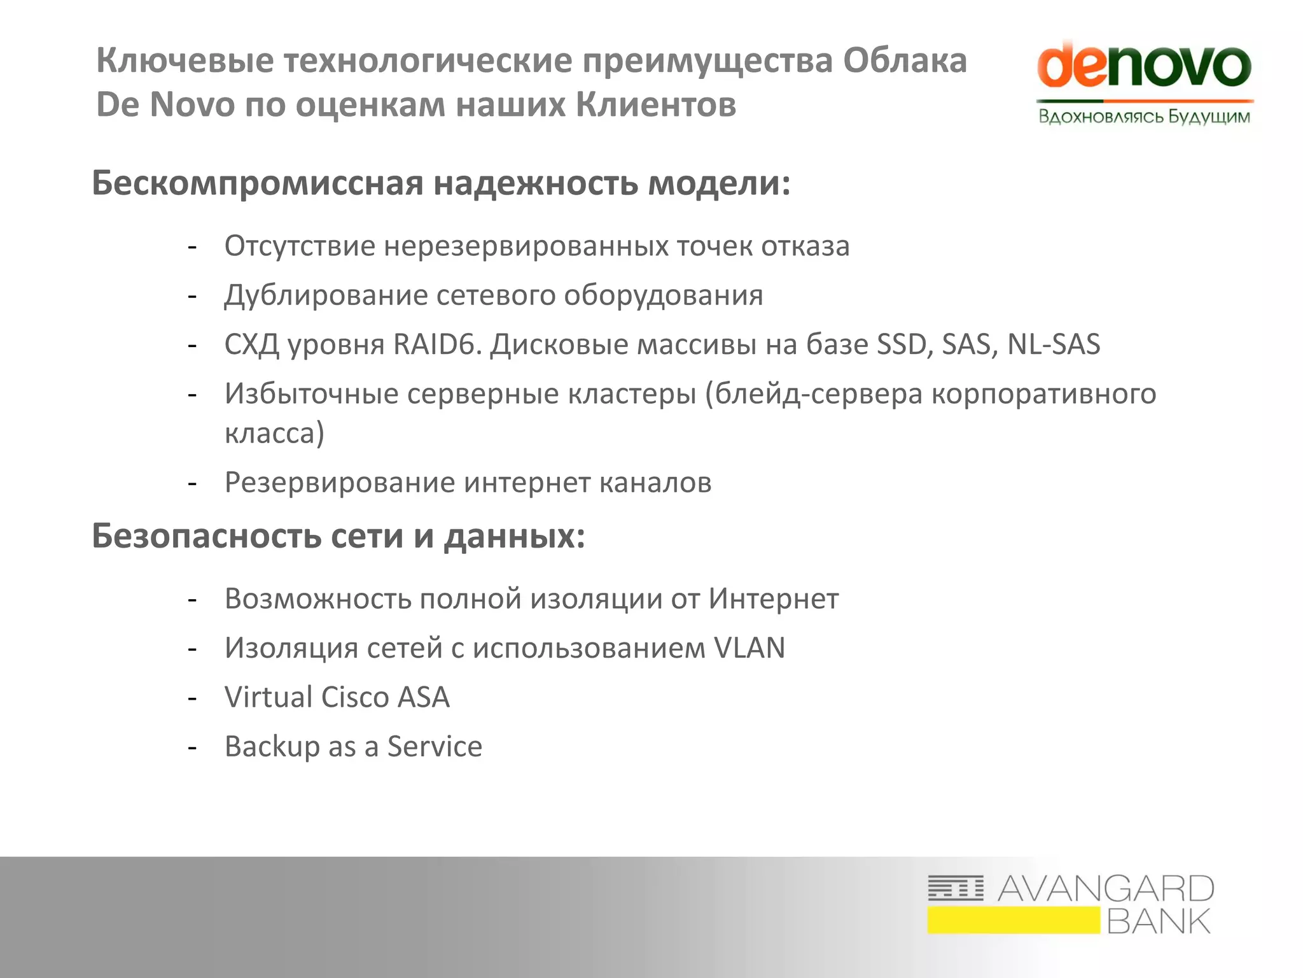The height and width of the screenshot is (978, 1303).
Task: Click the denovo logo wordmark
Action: pos(1144,67)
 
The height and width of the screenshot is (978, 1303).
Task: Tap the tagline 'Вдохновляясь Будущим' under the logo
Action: pos(1144,117)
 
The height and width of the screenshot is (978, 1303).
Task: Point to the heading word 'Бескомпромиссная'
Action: pos(258,183)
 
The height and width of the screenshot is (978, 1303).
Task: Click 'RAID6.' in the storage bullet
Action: pos(437,344)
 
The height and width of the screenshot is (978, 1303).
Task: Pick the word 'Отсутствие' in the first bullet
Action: pos(300,246)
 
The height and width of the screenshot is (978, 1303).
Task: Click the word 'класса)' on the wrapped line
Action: pos(274,434)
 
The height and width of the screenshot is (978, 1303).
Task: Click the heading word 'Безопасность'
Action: pos(207,536)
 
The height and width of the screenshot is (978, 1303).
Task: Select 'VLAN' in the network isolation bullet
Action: pos(749,648)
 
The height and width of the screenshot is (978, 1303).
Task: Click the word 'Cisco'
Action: pos(355,697)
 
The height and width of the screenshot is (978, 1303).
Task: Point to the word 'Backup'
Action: pos(272,747)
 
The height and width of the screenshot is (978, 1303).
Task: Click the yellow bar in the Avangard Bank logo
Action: pos(1013,921)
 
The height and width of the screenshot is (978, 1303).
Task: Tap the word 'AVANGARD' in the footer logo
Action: pos(1106,889)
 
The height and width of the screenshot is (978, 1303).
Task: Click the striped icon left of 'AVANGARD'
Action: pos(955,888)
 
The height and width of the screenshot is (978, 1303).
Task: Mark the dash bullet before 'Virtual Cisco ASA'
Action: pos(192,698)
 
